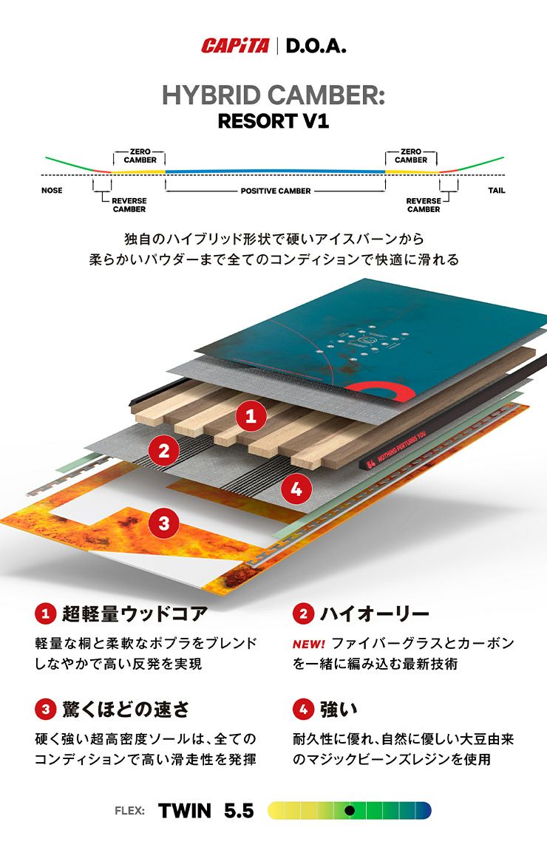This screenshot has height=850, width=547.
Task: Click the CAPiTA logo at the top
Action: tap(235, 47)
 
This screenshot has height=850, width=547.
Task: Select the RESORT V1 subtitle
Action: tap(273, 121)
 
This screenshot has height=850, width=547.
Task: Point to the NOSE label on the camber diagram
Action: tap(52, 191)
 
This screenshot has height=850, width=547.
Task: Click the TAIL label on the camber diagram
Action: tap(497, 191)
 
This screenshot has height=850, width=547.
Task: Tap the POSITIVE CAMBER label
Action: tap(275, 191)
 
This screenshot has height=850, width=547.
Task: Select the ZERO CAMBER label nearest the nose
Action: tap(140, 156)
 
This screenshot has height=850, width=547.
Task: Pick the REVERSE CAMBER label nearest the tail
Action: tap(424, 205)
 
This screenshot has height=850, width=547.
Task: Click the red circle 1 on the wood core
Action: tap(251, 416)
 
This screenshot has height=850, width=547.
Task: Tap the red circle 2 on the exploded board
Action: tap(163, 449)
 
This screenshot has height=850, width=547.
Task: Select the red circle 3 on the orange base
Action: tap(163, 523)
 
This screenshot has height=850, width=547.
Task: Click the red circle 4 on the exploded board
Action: tap(296, 488)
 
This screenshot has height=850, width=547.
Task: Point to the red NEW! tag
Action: tap(308, 644)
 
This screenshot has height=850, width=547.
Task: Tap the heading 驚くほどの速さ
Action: tap(126, 710)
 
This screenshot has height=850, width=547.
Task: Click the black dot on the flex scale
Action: tap(350, 810)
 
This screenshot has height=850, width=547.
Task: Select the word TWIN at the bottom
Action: tap(185, 811)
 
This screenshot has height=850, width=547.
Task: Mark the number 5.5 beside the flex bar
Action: tap(238, 811)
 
